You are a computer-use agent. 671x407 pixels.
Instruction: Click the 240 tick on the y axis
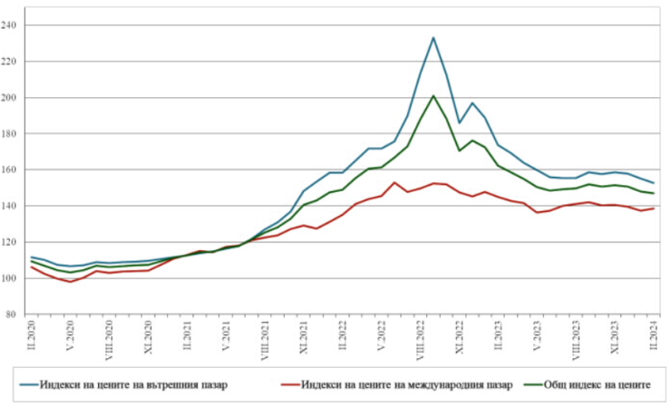pyautogui.click(x=15, y=25)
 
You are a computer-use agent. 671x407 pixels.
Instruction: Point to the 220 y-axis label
pyautogui.click(x=15, y=62)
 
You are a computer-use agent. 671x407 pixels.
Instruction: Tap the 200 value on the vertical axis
pyautogui.click(x=15, y=98)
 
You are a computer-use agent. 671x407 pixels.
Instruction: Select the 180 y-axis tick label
pyautogui.click(x=15, y=134)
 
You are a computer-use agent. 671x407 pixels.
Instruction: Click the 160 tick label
pyautogui.click(x=15, y=170)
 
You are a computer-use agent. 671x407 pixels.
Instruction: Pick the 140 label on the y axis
pyautogui.click(x=15, y=206)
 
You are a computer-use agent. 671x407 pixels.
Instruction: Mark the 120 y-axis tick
pyautogui.click(x=15, y=242)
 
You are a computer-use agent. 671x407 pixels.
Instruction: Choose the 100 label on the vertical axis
pyautogui.click(x=15, y=278)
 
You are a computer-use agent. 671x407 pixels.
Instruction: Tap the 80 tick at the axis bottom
pyautogui.click(x=17, y=315)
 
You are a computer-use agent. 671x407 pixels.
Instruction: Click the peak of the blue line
pyautogui.click(x=433, y=38)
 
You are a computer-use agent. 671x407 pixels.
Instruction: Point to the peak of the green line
pyautogui.click(x=433, y=95)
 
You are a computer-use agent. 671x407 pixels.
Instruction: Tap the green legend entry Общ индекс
pyautogui.click(x=590, y=384)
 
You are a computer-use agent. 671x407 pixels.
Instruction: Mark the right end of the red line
pyautogui.click(x=654, y=208)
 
